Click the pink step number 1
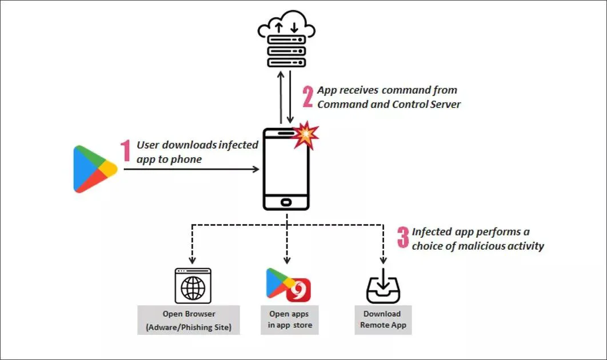(125, 150)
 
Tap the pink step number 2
(308, 97)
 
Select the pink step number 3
(403, 237)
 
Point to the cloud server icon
(286, 39)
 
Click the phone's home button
(286, 202)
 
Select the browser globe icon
(193, 286)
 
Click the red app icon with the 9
(298, 290)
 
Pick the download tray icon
(384, 286)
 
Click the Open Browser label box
(189, 320)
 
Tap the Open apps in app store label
(290, 320)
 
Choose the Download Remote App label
(384, 320)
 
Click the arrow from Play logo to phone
(191, 169)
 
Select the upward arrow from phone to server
(281, 97)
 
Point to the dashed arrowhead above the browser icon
(192, 260)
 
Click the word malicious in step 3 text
(482, 246)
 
